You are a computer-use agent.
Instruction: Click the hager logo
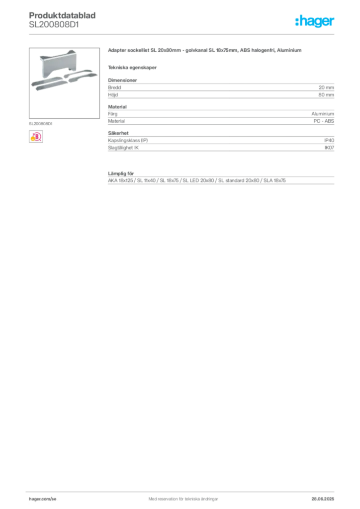(x=315, y=21)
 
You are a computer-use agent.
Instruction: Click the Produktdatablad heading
(x=62, y=15)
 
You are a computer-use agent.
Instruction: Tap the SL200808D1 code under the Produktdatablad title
(x=54, y=25)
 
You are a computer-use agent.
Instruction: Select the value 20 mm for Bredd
(x=326, y=87)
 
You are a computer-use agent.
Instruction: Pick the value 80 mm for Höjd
(x=326, y=95)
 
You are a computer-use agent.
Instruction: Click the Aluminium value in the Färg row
(x=323, y=114)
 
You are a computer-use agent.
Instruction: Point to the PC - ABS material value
(x=324, y=121)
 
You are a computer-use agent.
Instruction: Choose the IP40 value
(x=329, y=140)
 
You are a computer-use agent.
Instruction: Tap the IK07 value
(x=329, y=147)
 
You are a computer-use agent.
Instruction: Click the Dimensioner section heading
(x=122, y=80)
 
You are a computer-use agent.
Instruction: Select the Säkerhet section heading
(x=118, y=133)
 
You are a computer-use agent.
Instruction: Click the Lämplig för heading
(x=121, y=173)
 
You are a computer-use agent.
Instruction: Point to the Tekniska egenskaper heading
(x=132, y=68)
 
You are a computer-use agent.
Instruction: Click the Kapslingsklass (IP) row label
(x=128, y=140)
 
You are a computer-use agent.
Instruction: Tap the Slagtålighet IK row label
(x=123, y=147)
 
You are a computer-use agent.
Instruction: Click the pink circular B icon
(x=36, y=137)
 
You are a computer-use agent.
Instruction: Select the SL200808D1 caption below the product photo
(x=41, y=124)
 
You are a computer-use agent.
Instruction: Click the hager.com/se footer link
(x=43, y=499)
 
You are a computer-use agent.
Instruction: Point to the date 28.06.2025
(x=323, y=499)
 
